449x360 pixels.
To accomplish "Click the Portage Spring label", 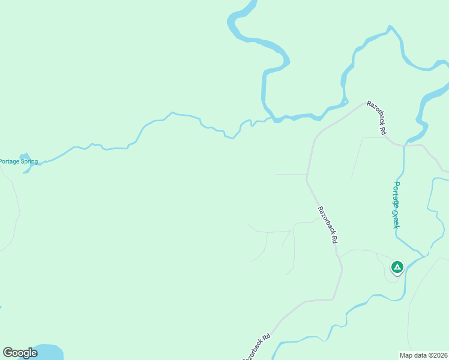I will tap(19, 161).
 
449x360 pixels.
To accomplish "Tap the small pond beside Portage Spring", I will tap(24, 158).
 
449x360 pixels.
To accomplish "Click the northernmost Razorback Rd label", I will tap(377, 117).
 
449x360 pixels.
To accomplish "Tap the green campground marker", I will tap(397, 267).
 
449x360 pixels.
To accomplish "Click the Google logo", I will tap(20, 353).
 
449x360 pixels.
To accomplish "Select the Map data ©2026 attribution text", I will tap(423, 355).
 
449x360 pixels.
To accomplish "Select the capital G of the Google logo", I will tap(8, 353).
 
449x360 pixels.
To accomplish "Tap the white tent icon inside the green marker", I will tap(397, 266).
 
